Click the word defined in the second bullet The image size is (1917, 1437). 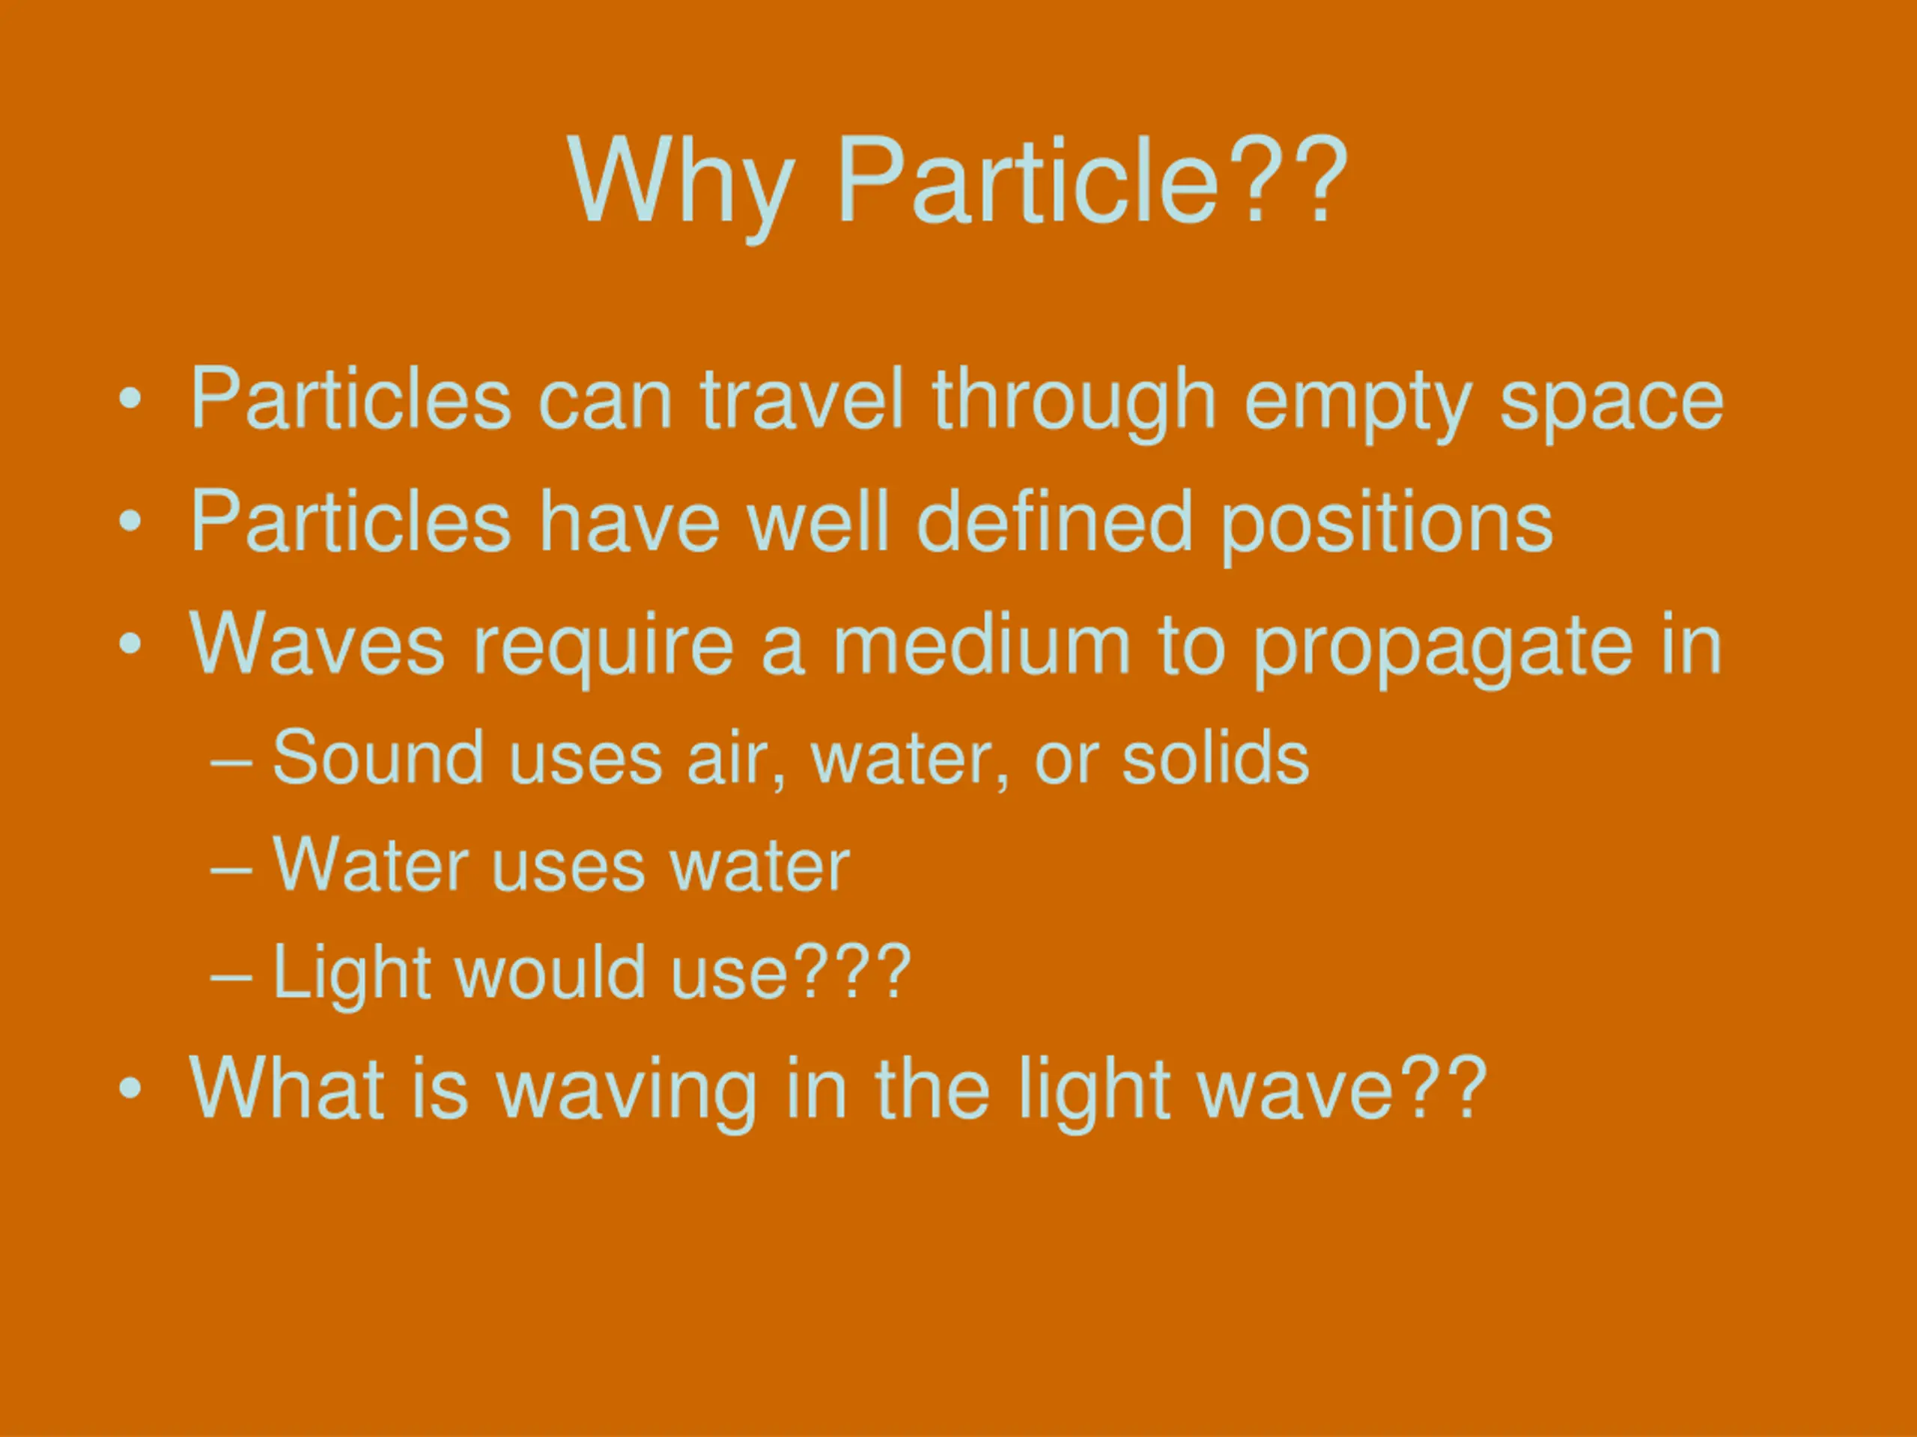click(x=1054, y=521)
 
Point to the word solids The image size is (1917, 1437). click(x=1215, y=757)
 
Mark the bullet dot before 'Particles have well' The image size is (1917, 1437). click(x=130, y=522)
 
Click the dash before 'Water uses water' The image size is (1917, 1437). click(x=231, y=869)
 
